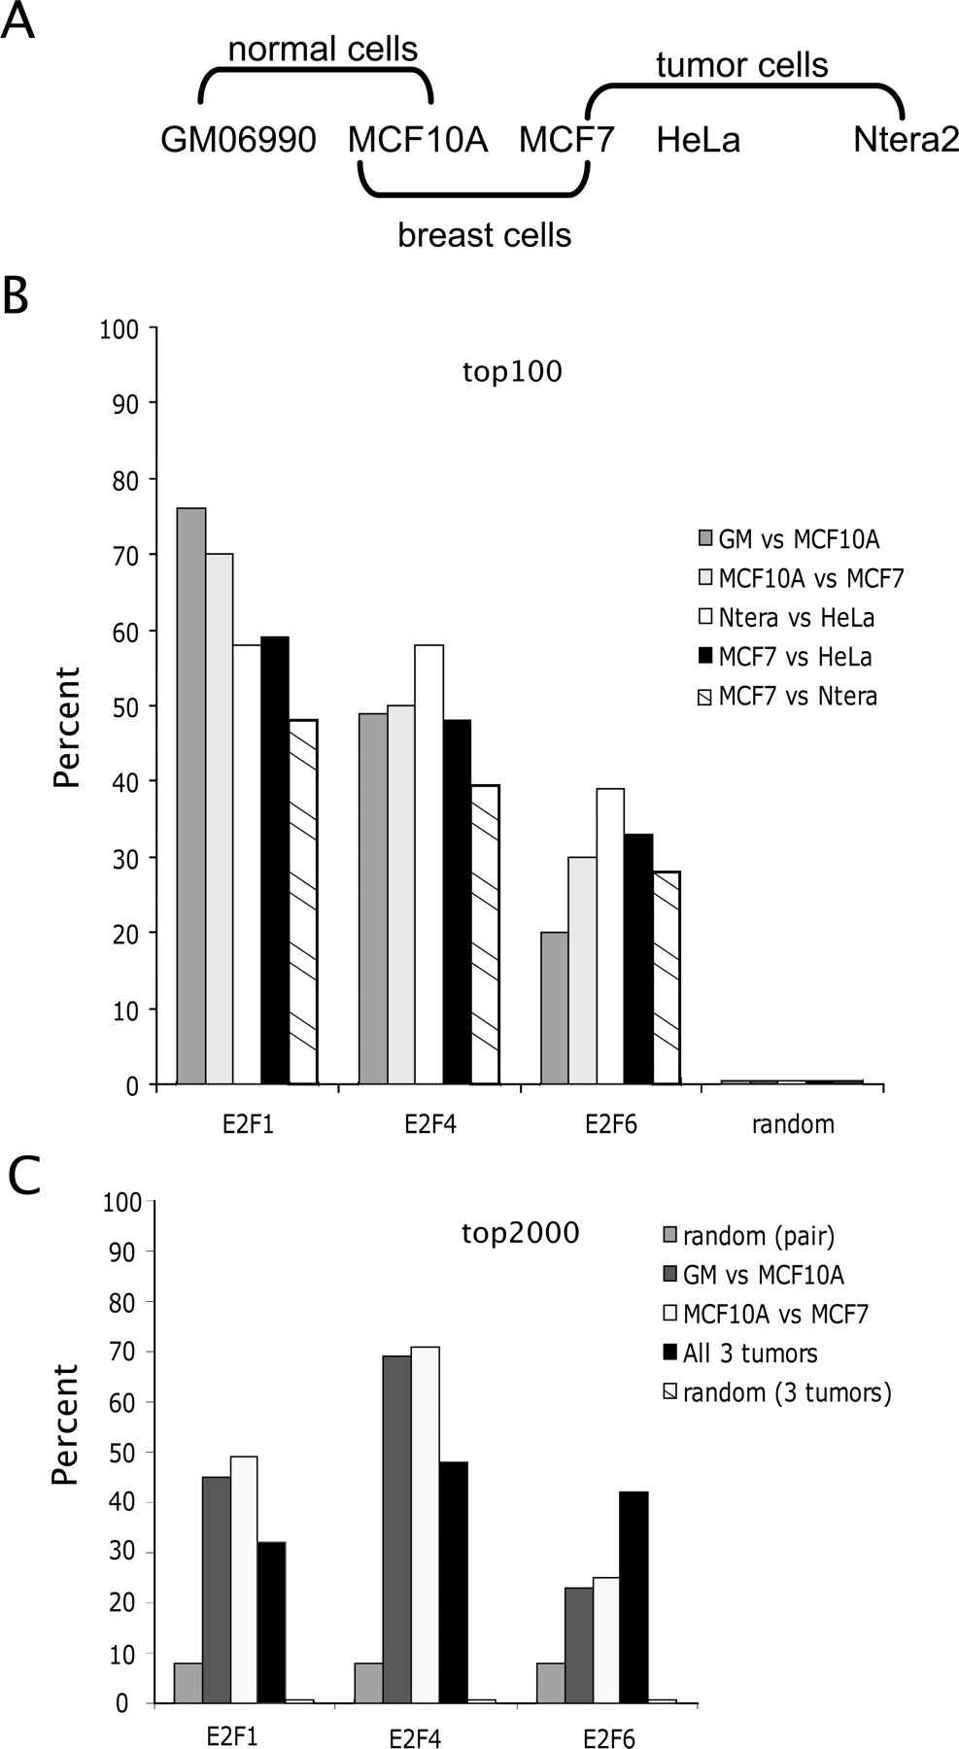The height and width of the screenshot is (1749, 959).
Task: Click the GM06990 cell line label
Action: (238, 141)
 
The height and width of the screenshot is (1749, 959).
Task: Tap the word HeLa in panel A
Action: (698, 141)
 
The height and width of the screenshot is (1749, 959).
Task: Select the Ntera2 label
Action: (906, 141)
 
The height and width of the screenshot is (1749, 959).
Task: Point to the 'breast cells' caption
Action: (484, 235)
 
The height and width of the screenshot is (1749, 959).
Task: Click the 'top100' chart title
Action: (512, 372)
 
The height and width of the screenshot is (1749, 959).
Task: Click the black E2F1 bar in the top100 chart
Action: (275, 860)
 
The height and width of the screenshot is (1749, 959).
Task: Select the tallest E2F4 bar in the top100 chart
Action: (428, 864)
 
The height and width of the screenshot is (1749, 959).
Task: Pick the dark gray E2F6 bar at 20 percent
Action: (554, 1008)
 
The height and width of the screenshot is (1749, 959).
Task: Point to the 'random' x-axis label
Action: (793, 1125)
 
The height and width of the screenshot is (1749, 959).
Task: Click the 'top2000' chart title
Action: (520, 1234)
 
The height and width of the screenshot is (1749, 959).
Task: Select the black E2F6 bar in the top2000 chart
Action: (633, 1597)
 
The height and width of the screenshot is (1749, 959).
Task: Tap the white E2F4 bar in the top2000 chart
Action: (426, 1525)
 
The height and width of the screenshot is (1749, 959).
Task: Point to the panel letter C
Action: (23, 1177)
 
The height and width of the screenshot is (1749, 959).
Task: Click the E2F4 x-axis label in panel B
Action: (429, 1125)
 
